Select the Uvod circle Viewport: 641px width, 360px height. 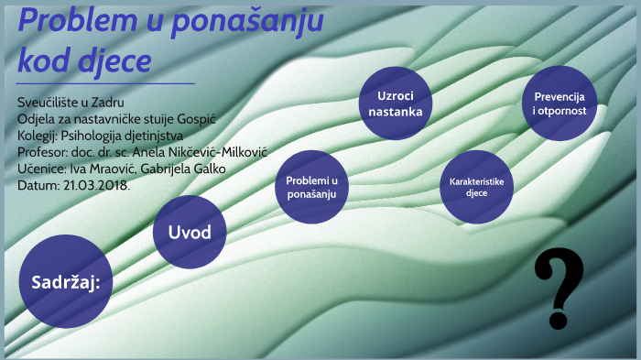coord(189,232)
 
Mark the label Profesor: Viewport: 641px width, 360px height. coord(42,152)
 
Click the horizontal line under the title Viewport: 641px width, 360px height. coord(105,83)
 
